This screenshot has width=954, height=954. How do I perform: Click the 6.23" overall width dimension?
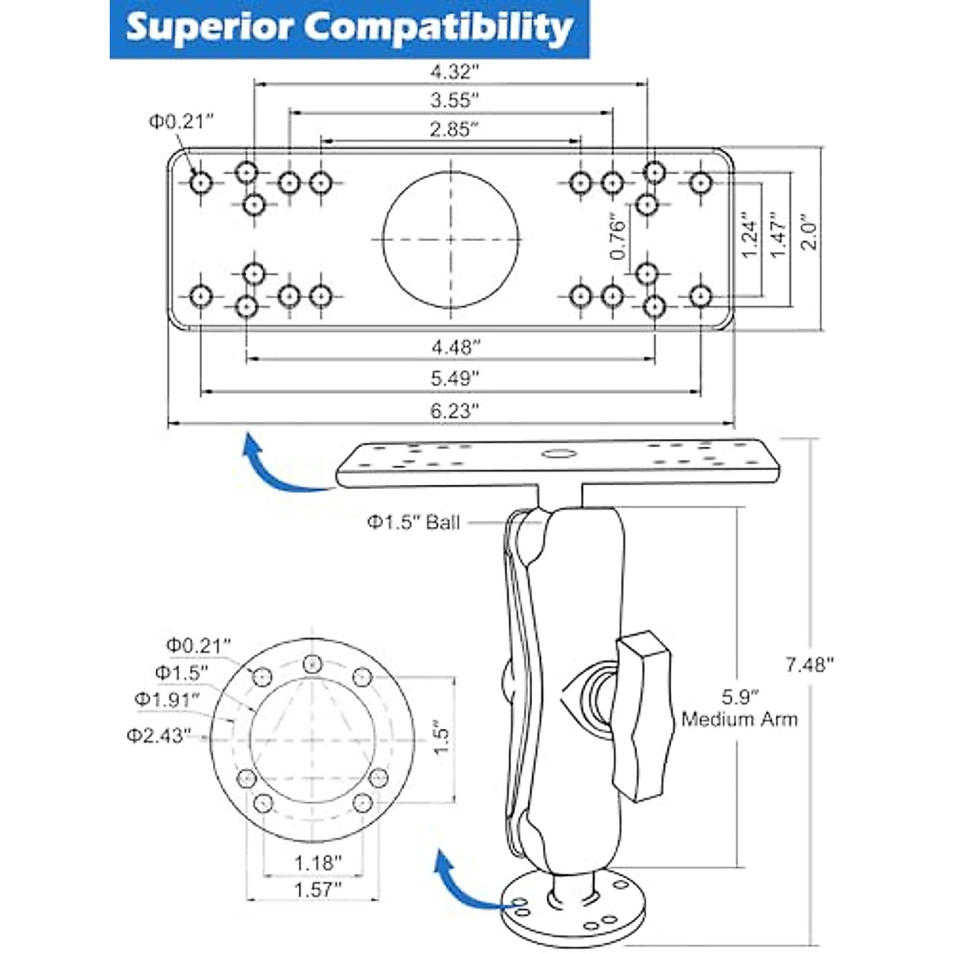point(455,410)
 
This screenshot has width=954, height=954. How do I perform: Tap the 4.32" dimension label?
point(455,72)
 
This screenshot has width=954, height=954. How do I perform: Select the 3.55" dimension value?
point(455,100)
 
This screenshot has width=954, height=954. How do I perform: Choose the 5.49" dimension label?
point(455,379)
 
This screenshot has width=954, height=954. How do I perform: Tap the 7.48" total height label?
point(810,665)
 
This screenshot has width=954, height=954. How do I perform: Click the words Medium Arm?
point(739,719)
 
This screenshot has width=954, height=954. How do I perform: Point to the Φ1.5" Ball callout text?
point(413,522)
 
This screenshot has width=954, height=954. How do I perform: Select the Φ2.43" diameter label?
point(158,735)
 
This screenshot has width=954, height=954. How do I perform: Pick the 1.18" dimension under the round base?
point(317,863)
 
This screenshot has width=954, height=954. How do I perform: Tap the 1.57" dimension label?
point(317,889)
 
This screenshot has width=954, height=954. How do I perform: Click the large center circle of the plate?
point(452,238)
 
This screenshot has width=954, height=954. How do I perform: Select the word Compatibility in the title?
point(439,28)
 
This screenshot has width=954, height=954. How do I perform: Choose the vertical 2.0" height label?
point(809,231)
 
